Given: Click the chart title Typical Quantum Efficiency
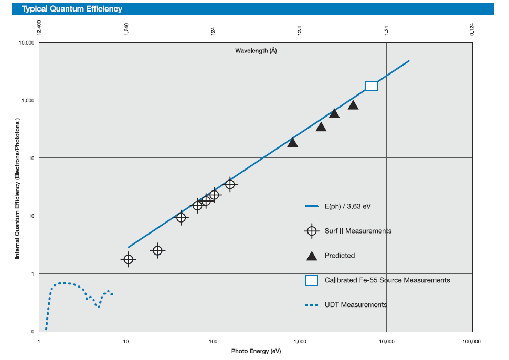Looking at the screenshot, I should [x=72, y=9].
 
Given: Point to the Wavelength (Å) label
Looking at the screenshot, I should [x=256, y=51].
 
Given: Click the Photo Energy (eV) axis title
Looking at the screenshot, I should [x=256, y=351].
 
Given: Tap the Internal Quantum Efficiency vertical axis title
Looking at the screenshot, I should [x=17, y=188].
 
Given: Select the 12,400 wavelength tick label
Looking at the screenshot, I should [x=39, y=28].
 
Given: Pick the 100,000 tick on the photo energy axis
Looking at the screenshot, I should [x=471, y=341].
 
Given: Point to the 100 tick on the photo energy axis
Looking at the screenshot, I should [x=213, y=341].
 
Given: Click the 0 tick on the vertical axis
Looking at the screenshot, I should [x=33, y=332].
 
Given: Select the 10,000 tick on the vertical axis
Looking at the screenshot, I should [x=27, y=43].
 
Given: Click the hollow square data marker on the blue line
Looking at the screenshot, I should [x=371, y=86].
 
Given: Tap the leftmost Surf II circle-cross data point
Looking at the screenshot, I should [x=128, y=259].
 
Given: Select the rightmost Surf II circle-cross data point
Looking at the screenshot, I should [x=230, y=184].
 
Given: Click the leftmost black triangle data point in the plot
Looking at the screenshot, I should [x=293, y=142].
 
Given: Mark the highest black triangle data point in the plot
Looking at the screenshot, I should [x=353, y=105].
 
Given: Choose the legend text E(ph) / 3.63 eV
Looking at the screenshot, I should [x=347, y=206].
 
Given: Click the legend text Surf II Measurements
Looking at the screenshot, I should [x=358, y=231].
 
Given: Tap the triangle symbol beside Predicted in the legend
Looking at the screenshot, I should [x=312, y=256].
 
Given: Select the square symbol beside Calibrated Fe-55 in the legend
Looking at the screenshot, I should [x=312, y=280].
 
